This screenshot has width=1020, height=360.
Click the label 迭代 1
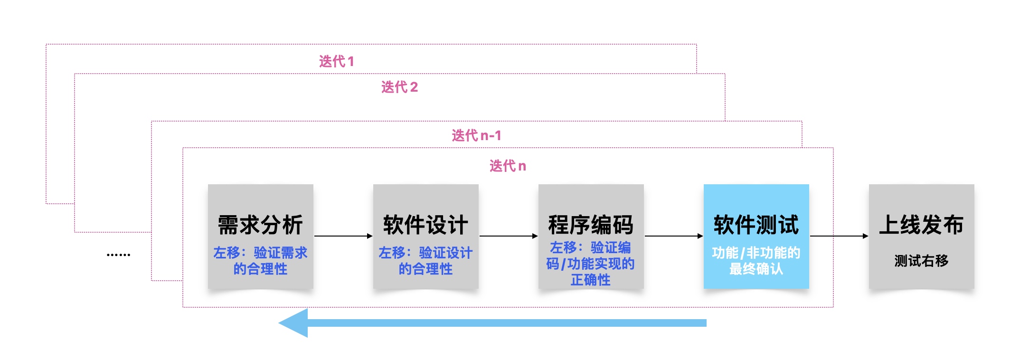tap(336, 61)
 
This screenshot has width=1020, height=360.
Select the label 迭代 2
tap(399, 87)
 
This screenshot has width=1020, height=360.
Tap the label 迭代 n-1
tap(476, 135)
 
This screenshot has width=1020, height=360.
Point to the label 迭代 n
tap(508, 166)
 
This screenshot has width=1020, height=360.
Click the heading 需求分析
tap(260, 225)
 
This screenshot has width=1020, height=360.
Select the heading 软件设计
tap(425, 225)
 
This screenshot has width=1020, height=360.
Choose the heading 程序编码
tap(591, 225)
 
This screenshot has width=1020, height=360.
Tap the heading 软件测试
tap(756, 225)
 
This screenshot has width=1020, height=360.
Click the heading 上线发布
tap(921, 225)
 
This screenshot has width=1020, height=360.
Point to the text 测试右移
tap(921, 260)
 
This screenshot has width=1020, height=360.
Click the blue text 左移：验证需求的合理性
tap(260, 261)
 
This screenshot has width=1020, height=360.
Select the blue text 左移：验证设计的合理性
tap(425, 261)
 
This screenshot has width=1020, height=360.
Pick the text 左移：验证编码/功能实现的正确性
tap(591, 264)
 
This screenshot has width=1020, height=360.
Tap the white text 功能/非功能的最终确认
tap(756, 261)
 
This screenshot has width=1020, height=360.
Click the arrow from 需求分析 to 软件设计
tap(343, 236)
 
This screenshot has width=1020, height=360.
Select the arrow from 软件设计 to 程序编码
tap(508, 236)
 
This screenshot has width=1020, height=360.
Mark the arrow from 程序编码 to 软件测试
tap(673, 236)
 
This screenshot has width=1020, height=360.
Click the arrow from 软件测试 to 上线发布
tap(839, 236)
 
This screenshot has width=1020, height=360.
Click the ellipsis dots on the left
tap(118, 255)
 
